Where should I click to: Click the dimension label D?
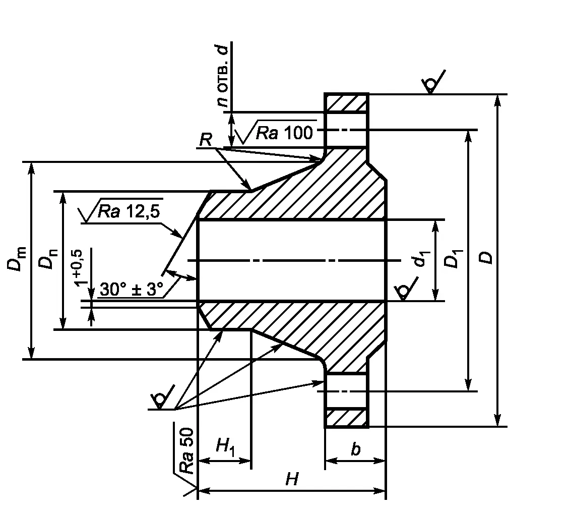(486, 257)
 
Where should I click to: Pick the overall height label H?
(291, 479)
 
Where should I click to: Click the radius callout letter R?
(205, 140)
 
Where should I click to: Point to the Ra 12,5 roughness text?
(129, 212)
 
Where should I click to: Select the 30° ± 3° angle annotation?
(132, 290)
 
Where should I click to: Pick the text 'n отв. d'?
(222, 76)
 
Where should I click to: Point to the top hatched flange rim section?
(346, 103)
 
